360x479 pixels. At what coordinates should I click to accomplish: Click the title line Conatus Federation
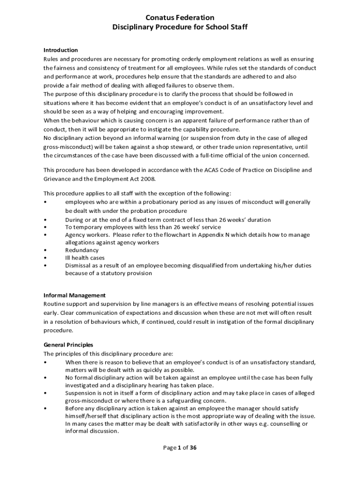coord(180,18)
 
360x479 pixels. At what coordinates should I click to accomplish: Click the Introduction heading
coord(60,50)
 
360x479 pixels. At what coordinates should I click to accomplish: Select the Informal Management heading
coord(74,295)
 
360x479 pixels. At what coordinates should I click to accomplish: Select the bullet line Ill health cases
coord(85,258)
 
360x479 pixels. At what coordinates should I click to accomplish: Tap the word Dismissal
coord(78,265)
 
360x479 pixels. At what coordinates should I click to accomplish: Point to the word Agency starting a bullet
coord(75,235)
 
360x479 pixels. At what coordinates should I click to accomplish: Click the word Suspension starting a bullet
coord(81,393)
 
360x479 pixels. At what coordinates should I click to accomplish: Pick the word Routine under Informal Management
coord(55,304)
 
